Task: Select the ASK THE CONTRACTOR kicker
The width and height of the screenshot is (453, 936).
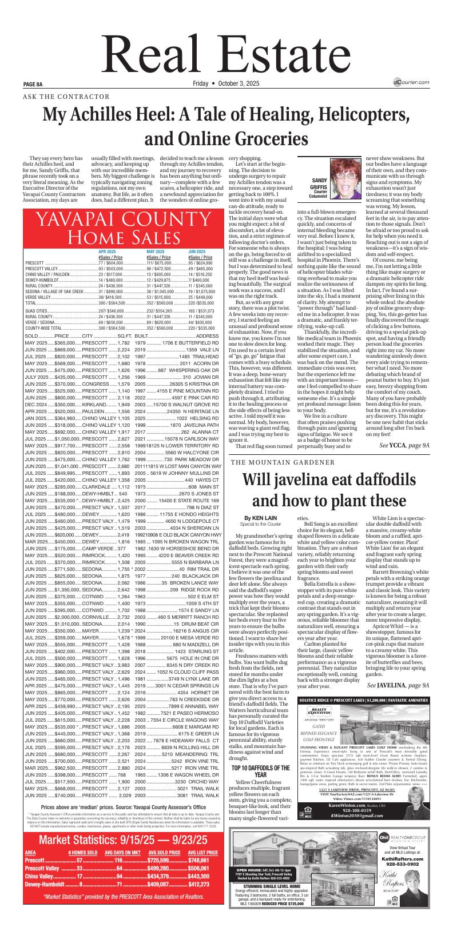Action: (66, 97)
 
